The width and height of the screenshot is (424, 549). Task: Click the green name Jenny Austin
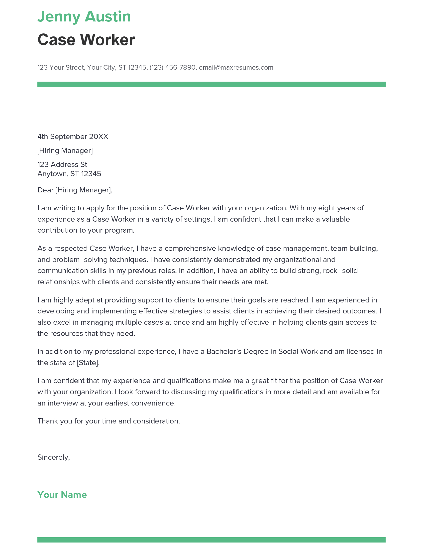tap(84, 16)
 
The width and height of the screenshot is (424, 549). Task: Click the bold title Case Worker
tap(86, 40)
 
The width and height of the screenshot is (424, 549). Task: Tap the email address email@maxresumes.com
tap(236, 67)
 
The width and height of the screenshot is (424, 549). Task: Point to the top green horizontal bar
tap(212, 84)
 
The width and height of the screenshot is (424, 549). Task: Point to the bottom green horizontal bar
tap(212, 540)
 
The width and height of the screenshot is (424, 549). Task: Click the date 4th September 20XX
tap(73, 137)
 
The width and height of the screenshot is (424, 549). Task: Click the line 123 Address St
tap(62, 164)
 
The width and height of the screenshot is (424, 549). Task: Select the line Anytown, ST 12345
tap(69, 174)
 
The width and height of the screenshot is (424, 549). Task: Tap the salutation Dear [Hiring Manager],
tap(75, 190)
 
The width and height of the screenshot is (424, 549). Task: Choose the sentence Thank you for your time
tap(108, 421)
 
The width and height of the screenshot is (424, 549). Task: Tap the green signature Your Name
tap(62, 495)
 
